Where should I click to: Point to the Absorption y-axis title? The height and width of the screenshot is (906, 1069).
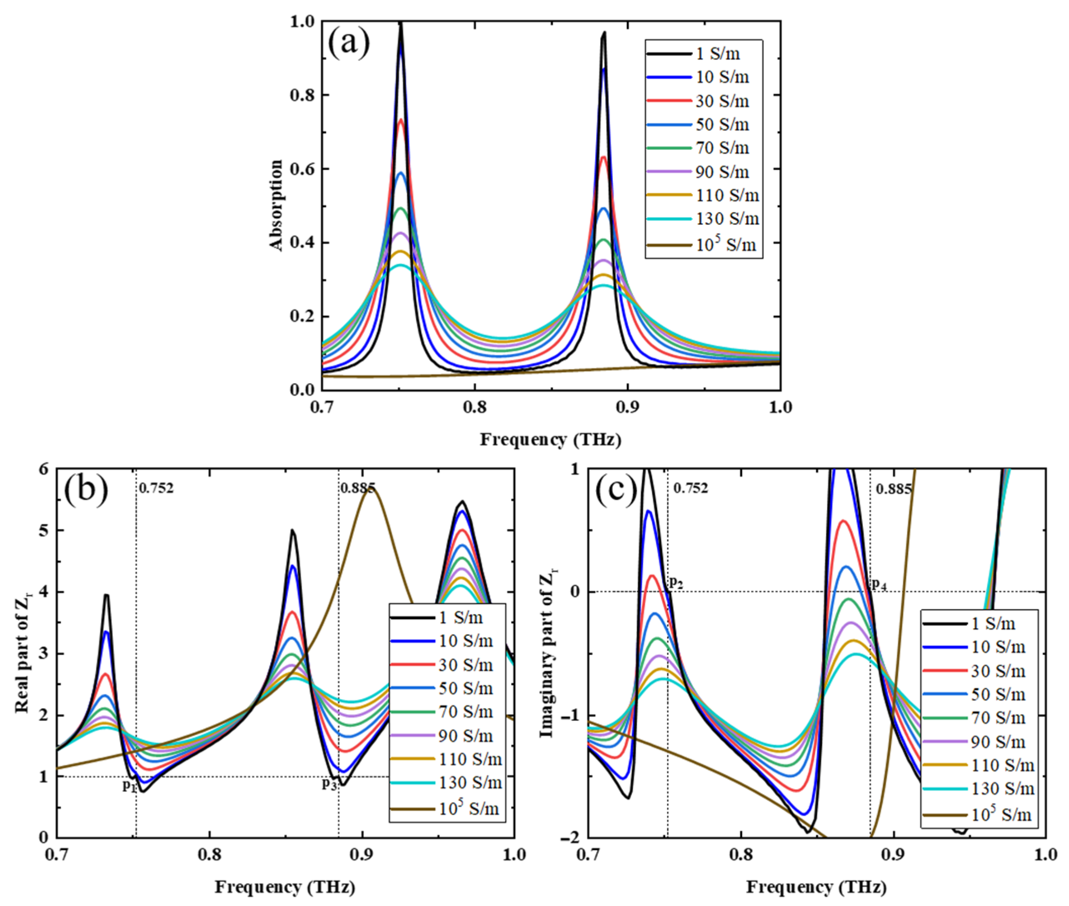(x=276, y=205)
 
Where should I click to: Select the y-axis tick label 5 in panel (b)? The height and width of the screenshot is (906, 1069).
(x=45, y=530)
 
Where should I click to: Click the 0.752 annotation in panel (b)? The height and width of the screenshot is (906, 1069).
(x=156, y=488)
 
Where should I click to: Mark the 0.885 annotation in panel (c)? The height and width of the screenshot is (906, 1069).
(x=893, y=488)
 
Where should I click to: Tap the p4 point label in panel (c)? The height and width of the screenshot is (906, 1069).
(x=879, y=584)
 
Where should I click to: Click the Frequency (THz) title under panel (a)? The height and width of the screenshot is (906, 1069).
(x=550, y=440)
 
